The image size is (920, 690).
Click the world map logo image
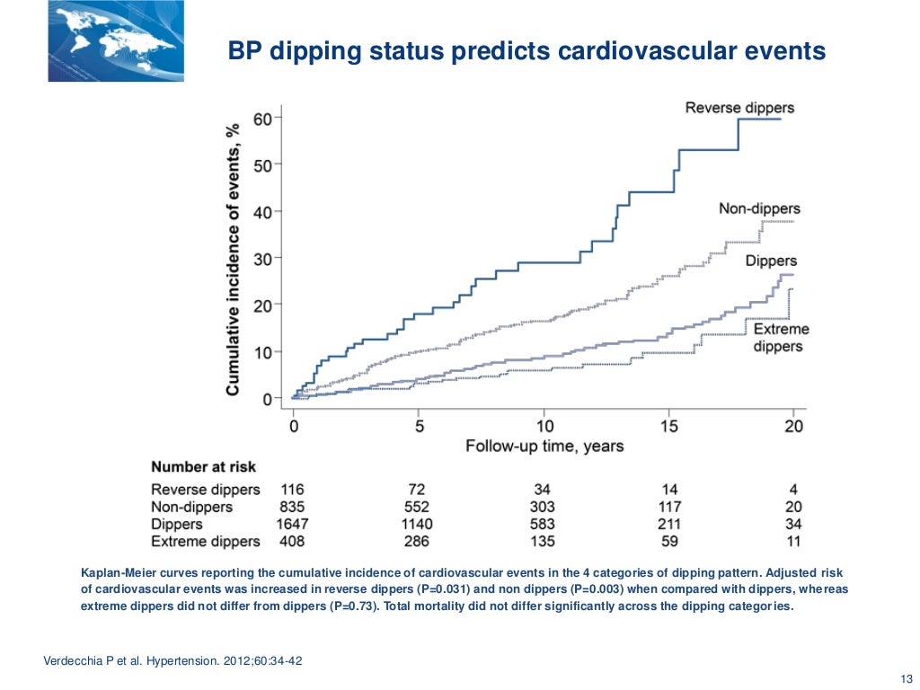click(x=116, y=41)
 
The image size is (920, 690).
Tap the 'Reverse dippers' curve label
click(x=739, y=109)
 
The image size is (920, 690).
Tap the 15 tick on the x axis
click(x=668, y=426)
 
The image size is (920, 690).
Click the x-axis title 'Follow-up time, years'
click(x=544, y=446)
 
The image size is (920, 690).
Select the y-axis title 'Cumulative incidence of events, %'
click(x=233, y=259)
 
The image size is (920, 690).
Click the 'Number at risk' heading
click(x=203, y=467)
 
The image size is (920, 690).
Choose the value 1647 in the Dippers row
click(x=292, y=524)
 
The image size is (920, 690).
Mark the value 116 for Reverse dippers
click(x=292, y=490)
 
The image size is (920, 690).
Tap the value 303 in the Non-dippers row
click(x=543, y=507)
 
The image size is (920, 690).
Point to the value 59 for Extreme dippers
click(x=668, y=541)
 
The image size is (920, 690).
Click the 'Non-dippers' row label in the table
click(x=191, y=507)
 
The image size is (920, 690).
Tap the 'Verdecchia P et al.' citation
click(x=93, y=662)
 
